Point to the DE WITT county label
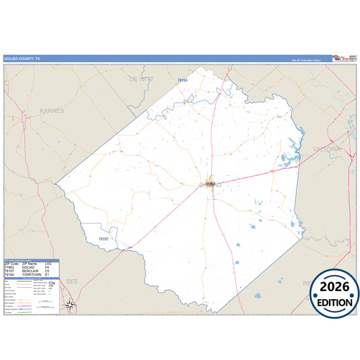tap(142, 78)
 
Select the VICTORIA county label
tap(329, 148)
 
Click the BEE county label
tap(72, 279)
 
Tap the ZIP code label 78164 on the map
tap(181, 80)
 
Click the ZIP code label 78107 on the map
tap(103, 238)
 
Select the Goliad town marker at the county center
tap(210, 183)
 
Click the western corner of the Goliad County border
tap(56, 183)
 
